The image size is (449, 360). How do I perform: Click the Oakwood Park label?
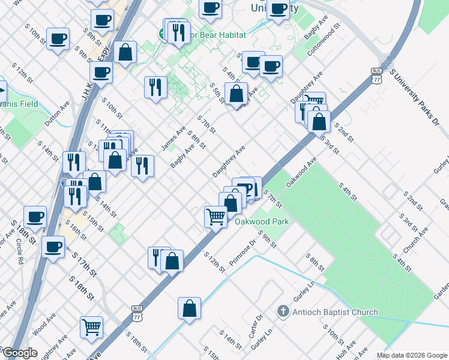(x=262, y=221)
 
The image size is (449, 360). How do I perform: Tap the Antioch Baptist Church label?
(x=336, y=312)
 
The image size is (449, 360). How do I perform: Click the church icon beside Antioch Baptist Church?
(x=283, y=312)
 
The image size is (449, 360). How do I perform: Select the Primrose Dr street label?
(x=243, y=254)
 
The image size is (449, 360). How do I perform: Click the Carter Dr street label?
(x=257, y=326)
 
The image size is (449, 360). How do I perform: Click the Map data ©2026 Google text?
(x=412, y=355)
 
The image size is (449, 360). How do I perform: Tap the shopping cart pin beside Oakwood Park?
(x=216, y=217)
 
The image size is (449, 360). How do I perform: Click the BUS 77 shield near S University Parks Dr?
(x=376, y=76)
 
